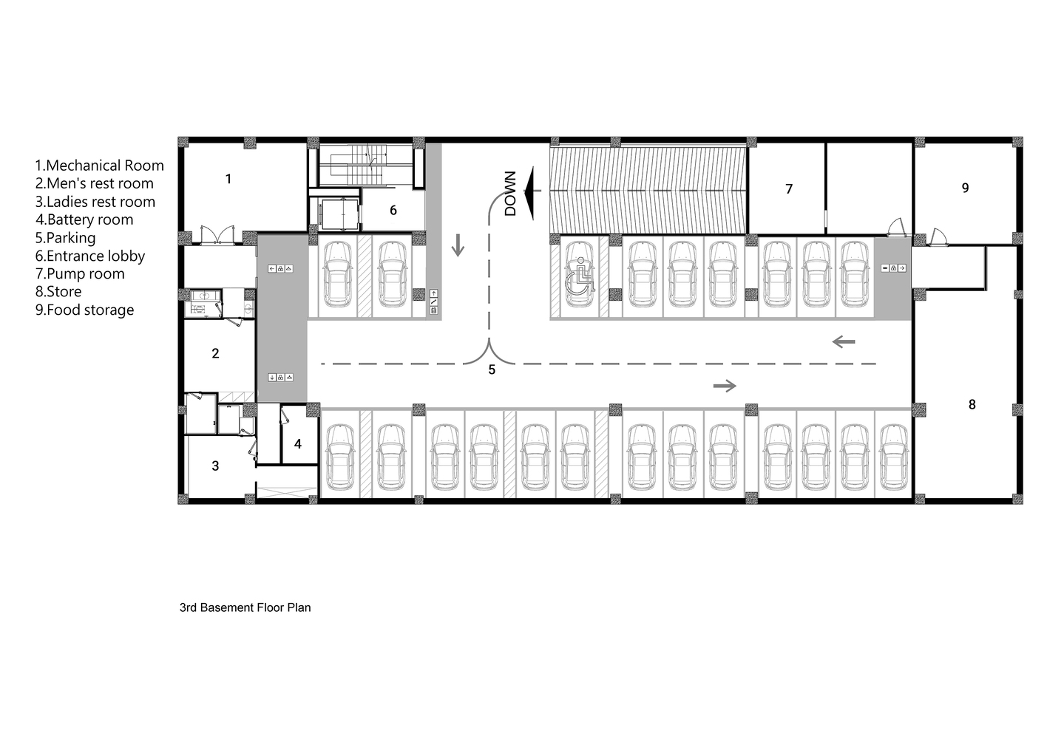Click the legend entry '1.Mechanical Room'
(x=100, y=166)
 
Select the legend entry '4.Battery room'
(x=84, y=219)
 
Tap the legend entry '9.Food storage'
(x=84, y=310)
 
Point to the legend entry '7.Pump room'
(x=81, y=273)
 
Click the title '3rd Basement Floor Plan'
(x=245, y=607)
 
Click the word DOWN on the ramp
(x=510, y=194)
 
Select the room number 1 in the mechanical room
(x=228, y=179)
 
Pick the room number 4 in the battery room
(x=298, y=444)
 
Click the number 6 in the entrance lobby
(x=393, y=210)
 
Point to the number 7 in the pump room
(x=789, y=188)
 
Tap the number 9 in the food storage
(x=965, y=188)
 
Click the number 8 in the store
(x=972, y=404)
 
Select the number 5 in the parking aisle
(x=492, y=370)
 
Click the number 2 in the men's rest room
(x=215, y=353)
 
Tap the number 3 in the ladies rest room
(x=215, y=466)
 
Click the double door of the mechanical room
(x=217, y=235)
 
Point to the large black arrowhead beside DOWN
(x=529, y=193)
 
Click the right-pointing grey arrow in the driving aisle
(x=725, y=386)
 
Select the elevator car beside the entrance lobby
(x=340, y=214)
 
